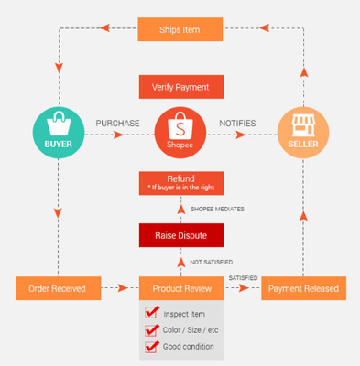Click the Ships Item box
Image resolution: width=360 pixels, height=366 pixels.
(x=180, y=28)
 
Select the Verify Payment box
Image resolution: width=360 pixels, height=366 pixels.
(x=180, y=87)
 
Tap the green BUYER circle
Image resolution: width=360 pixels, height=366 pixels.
(x=58, y=134)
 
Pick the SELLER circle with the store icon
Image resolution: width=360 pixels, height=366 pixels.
(x=303, y=134)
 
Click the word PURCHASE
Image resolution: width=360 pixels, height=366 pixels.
(x=117, y=123)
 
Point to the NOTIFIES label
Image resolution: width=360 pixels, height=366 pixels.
(x=237, y=123)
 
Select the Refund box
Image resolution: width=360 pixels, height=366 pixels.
(x=180, y=182)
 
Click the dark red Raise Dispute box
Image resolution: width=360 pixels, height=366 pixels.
(x=180, y=235)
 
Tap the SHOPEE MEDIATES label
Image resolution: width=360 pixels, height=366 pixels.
(x=216, y=209)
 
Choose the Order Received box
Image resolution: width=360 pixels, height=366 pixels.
(x=57, y=288)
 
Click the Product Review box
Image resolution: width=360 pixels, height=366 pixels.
(x=180, y=288)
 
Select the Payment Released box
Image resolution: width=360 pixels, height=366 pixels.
(x=303, y=288)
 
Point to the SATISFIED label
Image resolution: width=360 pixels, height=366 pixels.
(x=243, y=277)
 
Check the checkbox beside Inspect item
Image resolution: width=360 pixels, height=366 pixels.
(x=153, y=314)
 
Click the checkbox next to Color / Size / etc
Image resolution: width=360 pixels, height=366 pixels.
(x=153, y=330)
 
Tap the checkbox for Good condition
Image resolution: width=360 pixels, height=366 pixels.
(x=153, y=347)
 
